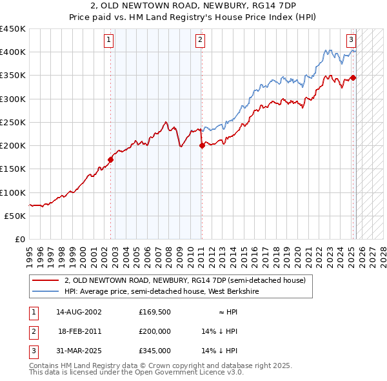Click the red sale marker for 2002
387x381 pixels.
click(x=110, y=160)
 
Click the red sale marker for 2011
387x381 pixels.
click(x=202, y=145)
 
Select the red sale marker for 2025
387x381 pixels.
click(x=353, y=77)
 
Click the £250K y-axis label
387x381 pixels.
click(x=14, y=122)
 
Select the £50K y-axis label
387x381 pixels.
click(x=16, y=216)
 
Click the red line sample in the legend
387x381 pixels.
click(x=45, y=280)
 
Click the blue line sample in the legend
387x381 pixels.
click(x=45, y=291)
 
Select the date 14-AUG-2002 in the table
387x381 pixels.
click(x=79, y=311)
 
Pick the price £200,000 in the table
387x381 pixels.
click(x=155, y=331)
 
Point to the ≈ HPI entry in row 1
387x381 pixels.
click(x=228, y=311)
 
